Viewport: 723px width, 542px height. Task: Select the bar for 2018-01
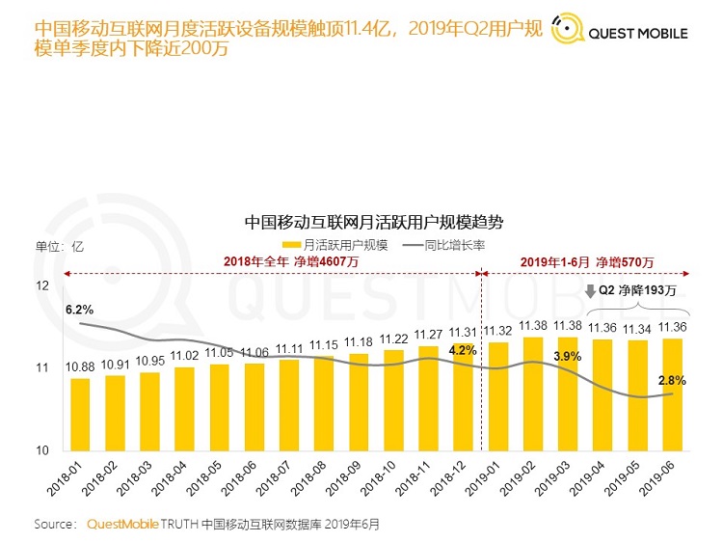(x=81, y=414)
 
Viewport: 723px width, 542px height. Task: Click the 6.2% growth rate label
(x=79, y=310)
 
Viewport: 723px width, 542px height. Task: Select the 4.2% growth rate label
(x=463, y=350)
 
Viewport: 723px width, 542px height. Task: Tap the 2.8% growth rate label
(x=672, y=381)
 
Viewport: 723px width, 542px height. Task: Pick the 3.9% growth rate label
(x=567, y=358)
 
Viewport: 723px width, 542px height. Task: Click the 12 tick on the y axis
(x=42, y=286)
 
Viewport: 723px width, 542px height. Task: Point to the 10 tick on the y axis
(x=42, y=450)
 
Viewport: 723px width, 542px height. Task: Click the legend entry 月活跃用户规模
(x=339, y=245)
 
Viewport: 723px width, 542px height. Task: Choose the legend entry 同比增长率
(x=443, y=245)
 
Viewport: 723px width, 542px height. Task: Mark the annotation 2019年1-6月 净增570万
(x=586, y=262)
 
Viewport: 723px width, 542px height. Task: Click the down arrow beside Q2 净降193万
(x=589, y=289)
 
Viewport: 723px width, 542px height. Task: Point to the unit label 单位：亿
(x=61, y=245)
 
